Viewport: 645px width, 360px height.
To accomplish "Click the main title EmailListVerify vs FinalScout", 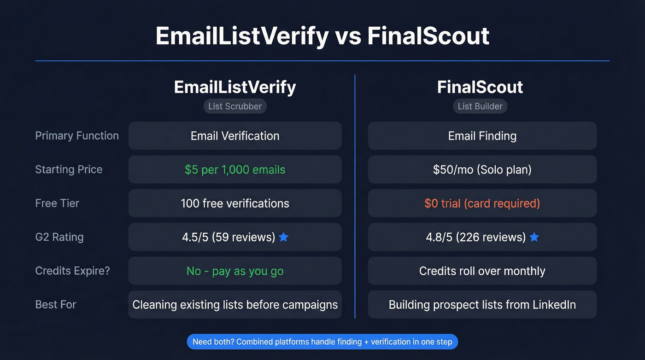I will coord(322,36).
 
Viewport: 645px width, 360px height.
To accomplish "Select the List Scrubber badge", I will coord(235,106).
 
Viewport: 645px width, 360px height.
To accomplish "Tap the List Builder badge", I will coord(480,106).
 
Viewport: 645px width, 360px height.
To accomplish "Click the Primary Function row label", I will coord(77,136).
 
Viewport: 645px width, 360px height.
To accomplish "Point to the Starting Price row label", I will coord(69,169).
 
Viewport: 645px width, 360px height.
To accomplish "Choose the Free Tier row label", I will coord(57,203).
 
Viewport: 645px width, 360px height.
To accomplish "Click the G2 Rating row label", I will coord(59,237).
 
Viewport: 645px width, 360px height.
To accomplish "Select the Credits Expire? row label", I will coord(72,271).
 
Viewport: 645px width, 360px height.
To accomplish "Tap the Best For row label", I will coord(56,304).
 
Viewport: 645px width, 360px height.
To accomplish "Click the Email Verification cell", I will coord(235,136).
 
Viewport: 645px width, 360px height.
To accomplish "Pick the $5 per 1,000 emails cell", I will coord(235,169).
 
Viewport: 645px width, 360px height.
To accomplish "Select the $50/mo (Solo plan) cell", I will coord(482,169).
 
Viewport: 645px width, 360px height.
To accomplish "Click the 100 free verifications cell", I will coord(235,203).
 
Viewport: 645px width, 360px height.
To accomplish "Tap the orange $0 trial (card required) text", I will coord(482,203).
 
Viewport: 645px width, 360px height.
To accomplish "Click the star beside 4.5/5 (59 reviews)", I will coord(284,237).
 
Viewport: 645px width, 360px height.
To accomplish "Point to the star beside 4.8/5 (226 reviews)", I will coord(534,237).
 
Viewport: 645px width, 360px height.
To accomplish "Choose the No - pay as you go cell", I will coord(235,271).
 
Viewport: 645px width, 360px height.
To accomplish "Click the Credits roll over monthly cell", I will coord(482,271).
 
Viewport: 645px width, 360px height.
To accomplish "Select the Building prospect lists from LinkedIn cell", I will coord(482,304).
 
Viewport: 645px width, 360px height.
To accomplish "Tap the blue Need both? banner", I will coord(322,342).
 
